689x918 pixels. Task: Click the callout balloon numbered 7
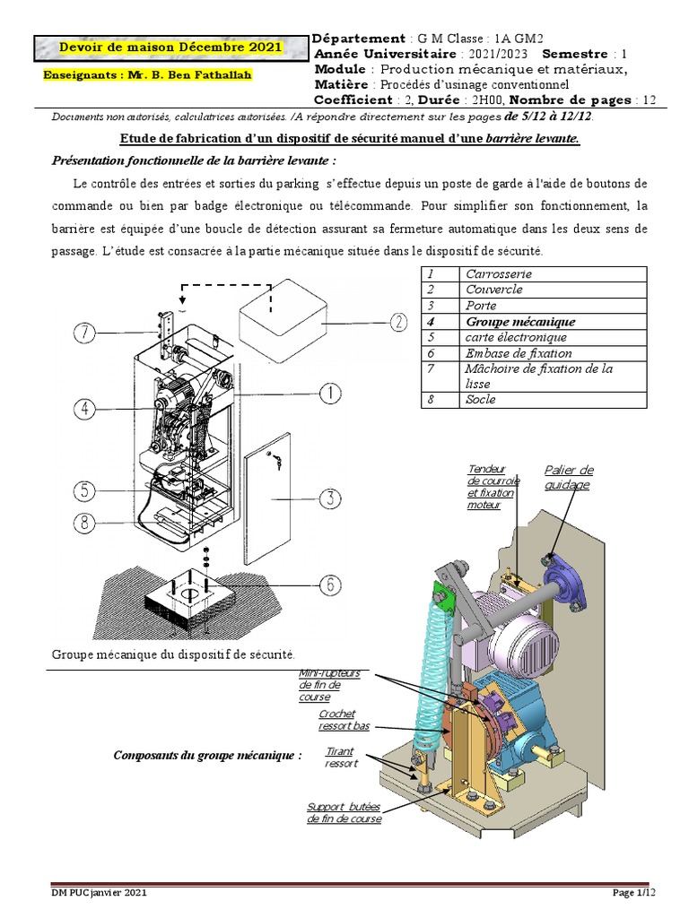83,333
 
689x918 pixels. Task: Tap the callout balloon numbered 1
331,393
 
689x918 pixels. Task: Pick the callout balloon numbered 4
83,410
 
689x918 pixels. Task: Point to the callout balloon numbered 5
83,491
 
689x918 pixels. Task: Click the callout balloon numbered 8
83,523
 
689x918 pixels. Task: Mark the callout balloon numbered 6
331,585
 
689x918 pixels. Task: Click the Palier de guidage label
568,478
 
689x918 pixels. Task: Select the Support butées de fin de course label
344,812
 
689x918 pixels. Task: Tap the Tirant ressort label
342,758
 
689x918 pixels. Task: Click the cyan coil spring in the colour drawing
432,663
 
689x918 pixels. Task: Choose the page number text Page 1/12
634,893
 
